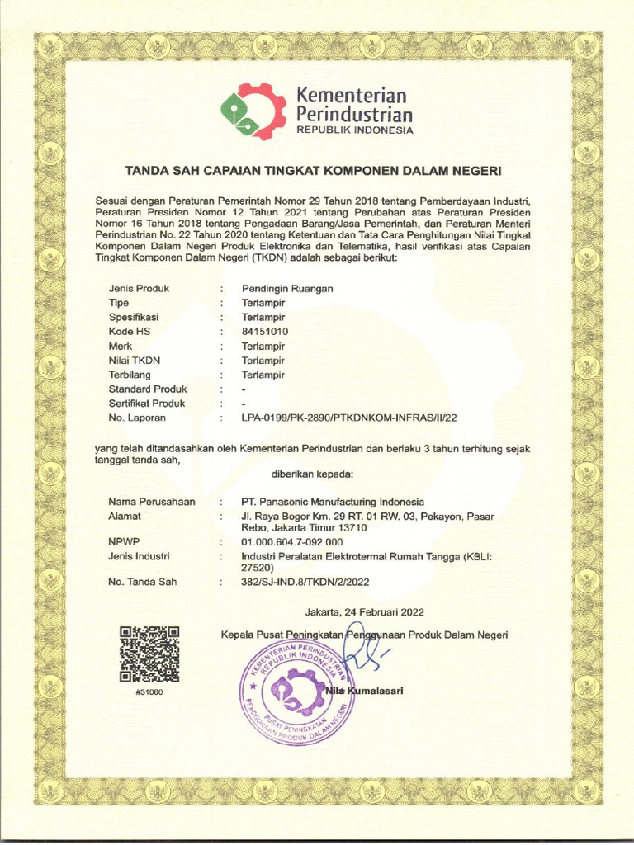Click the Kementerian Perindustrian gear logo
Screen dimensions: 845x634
253,111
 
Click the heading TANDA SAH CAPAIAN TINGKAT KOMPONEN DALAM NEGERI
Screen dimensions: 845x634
313,171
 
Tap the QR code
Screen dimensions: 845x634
149,654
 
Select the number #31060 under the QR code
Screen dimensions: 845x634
149,692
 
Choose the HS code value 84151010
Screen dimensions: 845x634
264,332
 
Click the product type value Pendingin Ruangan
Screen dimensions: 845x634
287,289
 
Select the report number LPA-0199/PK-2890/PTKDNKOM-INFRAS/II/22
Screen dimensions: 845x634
348,418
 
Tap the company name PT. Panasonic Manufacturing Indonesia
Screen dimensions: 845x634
333,502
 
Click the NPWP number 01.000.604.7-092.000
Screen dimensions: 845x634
291,541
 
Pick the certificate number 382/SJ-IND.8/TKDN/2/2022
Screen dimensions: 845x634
305,583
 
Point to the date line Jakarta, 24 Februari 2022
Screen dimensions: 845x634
364,611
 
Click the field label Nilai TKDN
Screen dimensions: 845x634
134,361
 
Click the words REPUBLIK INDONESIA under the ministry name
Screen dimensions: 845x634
354,130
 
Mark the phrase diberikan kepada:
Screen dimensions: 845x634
312,474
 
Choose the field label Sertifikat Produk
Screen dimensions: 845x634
146,404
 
